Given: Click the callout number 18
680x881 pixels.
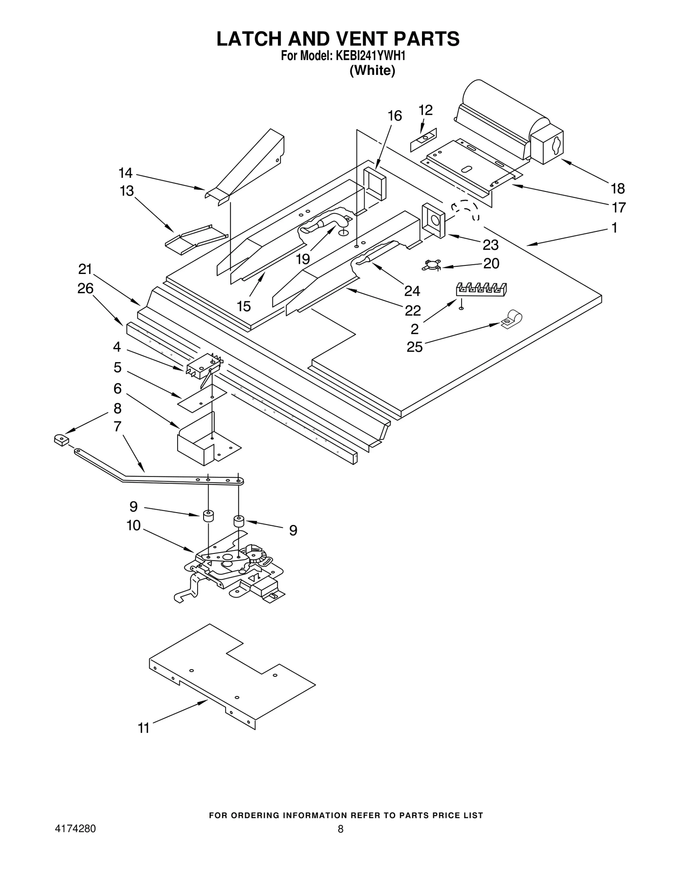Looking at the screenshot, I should coord(618,188).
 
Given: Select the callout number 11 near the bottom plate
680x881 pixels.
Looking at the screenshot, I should coord(144,728).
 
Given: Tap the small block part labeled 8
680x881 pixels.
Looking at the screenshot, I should coord(61,439).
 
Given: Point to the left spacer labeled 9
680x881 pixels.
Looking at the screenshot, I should coord(207,516).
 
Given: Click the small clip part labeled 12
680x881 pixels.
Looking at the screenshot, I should coord(423,140).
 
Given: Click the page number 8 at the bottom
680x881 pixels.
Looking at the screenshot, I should coord(340,829).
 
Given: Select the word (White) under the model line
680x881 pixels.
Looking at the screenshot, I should coord(372,71).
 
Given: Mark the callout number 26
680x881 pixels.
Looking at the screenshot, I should coord(85,289).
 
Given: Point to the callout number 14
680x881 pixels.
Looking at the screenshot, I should coord(125,173).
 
